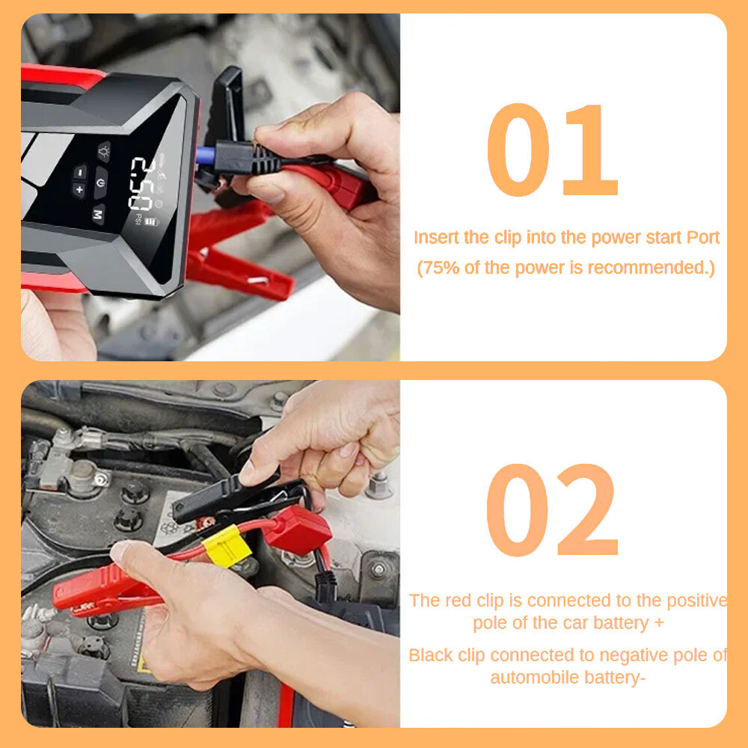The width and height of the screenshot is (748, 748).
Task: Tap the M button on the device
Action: pos(98,215)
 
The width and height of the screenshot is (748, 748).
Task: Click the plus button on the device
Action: pos(79,189)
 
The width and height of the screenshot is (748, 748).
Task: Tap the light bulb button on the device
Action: pos(103,152)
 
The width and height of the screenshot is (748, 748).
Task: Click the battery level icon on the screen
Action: pos(152,221)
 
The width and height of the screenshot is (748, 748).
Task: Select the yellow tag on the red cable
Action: pos(227,547)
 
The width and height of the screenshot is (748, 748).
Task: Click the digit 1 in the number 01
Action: pos(592,151)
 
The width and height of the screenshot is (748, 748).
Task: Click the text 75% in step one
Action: pos(441,268)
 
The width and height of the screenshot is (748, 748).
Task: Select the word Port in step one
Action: pos(702,238)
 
